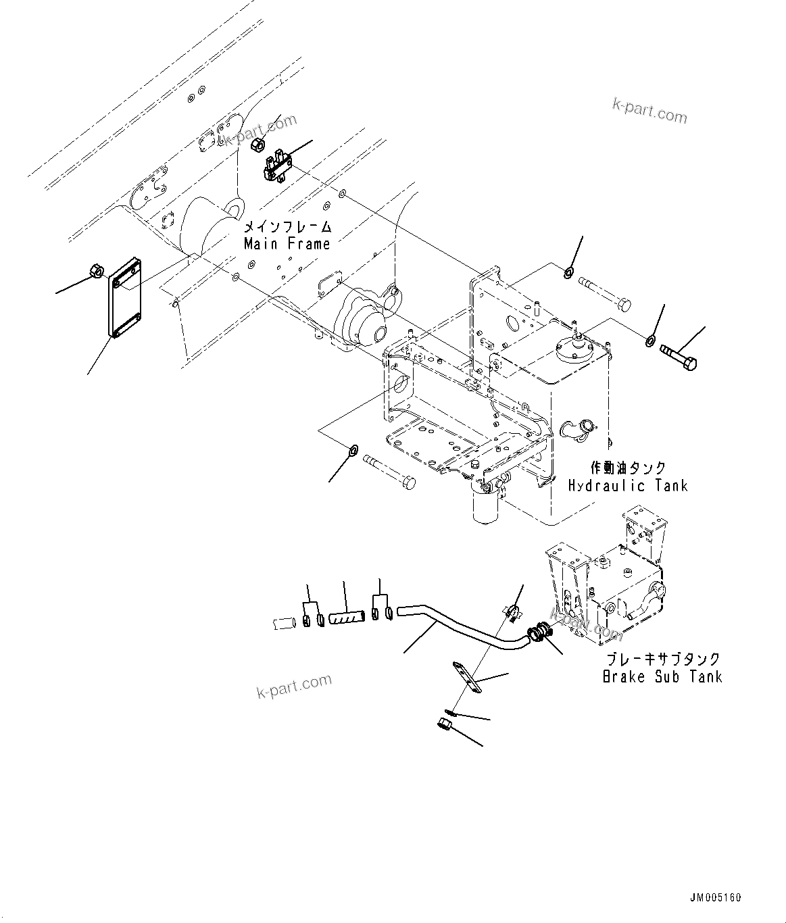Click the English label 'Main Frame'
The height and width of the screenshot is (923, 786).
287,244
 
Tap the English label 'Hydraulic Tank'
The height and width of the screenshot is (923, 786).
627,485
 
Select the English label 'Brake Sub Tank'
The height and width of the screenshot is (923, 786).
662,676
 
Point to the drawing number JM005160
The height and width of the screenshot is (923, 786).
715,898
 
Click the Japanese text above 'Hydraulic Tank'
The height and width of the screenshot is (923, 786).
628,468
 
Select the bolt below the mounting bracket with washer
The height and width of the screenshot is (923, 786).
389,471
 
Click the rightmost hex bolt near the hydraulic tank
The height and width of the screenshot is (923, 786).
679,356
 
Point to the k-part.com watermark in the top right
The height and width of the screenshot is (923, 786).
649,111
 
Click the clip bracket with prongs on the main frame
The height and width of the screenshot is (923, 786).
277,166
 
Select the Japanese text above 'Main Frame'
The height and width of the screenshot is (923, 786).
287,227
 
